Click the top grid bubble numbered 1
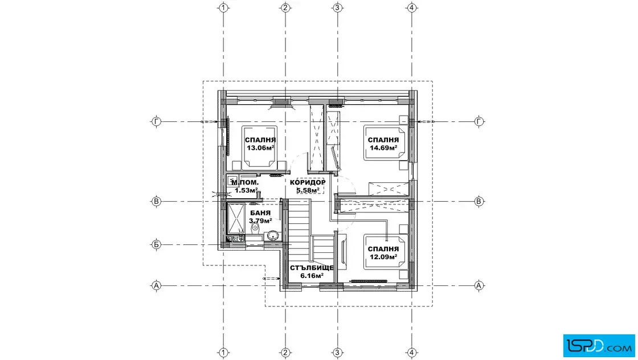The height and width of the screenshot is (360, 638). (223, 7)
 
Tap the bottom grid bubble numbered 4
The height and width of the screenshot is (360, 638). (412, 352)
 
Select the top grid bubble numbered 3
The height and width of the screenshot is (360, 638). (337, 7)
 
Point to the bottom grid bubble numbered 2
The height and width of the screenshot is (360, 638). (285, 352)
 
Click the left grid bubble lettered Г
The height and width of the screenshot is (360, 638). (156, 121)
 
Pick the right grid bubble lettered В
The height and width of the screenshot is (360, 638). (479, 201)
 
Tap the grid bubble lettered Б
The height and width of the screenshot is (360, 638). (156, 244)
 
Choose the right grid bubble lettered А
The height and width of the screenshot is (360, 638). (479, 285)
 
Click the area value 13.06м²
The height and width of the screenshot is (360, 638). (260, 148)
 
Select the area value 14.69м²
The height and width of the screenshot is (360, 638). (383, 148)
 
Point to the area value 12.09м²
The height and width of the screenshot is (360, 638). (383, 257)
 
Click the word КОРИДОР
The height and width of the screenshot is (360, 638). (308, 182)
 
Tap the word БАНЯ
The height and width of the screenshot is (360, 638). (260, 213)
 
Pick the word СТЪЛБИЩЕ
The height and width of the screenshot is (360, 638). (312, 268)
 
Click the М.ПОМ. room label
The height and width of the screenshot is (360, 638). (245, 183)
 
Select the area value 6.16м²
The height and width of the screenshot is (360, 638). (312, 275)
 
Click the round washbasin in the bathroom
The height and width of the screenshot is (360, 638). (272, 235)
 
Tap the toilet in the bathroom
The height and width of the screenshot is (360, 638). (255, 228)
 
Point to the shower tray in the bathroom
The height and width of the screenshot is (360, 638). (235, 218)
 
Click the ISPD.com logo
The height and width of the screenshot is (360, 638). (599, 346)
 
